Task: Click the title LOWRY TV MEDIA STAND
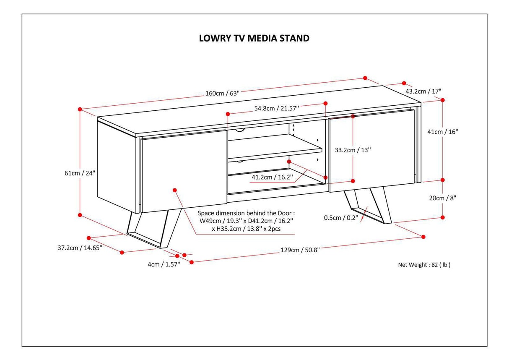(x=254, y=38)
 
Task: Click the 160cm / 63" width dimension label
(x=222, y=93)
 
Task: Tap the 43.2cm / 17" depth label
(x=423, y=91)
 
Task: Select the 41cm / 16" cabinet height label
(x=442, y=131)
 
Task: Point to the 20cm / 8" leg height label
(x=442, y=198)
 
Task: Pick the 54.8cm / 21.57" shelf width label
(x=277, y=108)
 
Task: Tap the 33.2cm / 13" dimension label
(x=353, y=149)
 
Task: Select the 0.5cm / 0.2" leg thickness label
(x=341, y=217)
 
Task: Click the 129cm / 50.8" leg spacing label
(x=300, y=250)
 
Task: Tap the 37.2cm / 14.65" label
(x=80, y=248)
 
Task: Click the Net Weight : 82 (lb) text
(x=424, y=265)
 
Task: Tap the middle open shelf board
(x=275, y=149)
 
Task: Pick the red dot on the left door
(x=174, y=190)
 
